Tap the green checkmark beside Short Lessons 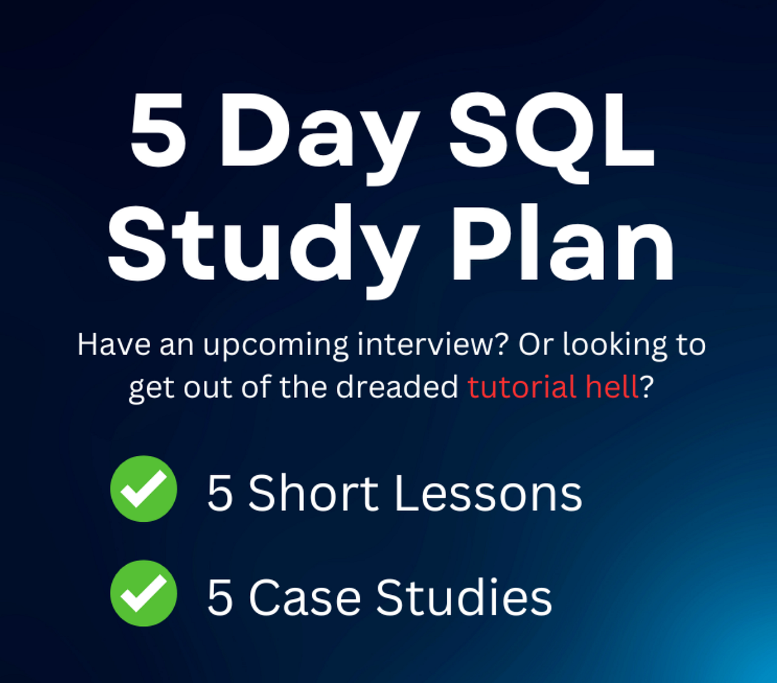click(x=143, y=489)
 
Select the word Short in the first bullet click(x=313, y=494)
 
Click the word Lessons click(x=488, y=494)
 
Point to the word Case click(x=304, y=597)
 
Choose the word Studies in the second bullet click(x=464, y=597)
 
